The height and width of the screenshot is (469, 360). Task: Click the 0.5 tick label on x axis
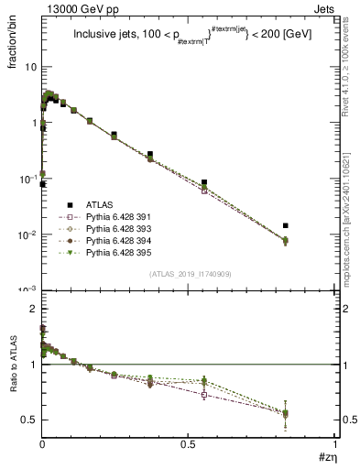[x=188, y=443]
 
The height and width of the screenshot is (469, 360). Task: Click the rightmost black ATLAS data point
[x=286, y=225]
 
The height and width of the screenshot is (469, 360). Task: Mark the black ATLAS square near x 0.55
[x=204, y=182]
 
